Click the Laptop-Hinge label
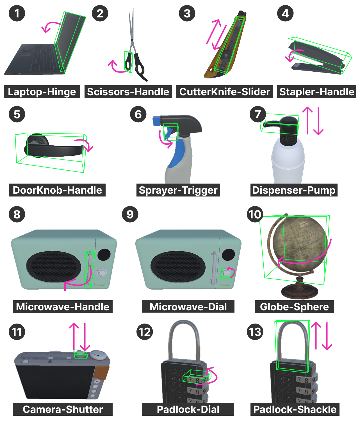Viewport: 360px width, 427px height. tap(42, 92)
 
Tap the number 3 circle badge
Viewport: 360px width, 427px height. tap(187, 13)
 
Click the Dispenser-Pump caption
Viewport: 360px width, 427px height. tap(294, 190)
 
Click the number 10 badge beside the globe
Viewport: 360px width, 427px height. tap(255, 214)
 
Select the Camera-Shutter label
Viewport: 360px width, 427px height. tap(63, 409)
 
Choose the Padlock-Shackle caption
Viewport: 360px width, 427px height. tap(295, 409)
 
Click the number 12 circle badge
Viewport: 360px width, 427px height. tap(144, 332)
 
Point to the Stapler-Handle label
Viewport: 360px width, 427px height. tap(317, 92)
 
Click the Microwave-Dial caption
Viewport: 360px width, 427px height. tap(188, 307)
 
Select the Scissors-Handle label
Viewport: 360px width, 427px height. tap(128, 92)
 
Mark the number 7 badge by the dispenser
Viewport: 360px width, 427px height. tap(258, 114)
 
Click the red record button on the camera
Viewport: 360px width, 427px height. tap(97, 381)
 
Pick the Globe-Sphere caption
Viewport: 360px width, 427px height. tap(294, 307)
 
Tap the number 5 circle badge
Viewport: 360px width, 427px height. tap(17, 114)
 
